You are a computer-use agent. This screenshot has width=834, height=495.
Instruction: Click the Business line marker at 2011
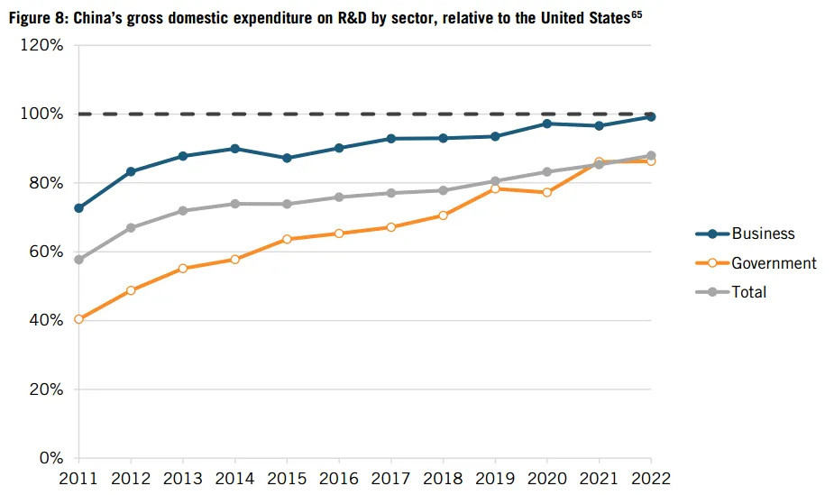[79, 208]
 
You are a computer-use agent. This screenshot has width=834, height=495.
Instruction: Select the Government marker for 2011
[79, 319]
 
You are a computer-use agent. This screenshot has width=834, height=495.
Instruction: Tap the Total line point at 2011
[79, 260]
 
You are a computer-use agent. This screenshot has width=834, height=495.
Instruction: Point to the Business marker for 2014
[235, 149]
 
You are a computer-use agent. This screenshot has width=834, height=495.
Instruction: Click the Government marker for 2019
[495, 188]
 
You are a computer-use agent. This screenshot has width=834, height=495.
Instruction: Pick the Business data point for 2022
[651, 116]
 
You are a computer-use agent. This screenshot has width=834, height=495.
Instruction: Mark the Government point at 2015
[287, 239]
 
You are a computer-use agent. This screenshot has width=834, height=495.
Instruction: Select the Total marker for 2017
[391, 193]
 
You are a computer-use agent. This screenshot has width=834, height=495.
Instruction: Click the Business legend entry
[763, 234]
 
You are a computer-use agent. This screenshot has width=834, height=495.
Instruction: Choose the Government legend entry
[774, 263]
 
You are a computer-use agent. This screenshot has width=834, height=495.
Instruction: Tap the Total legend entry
[748, 292]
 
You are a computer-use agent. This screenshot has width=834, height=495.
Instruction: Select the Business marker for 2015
[287, 158]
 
